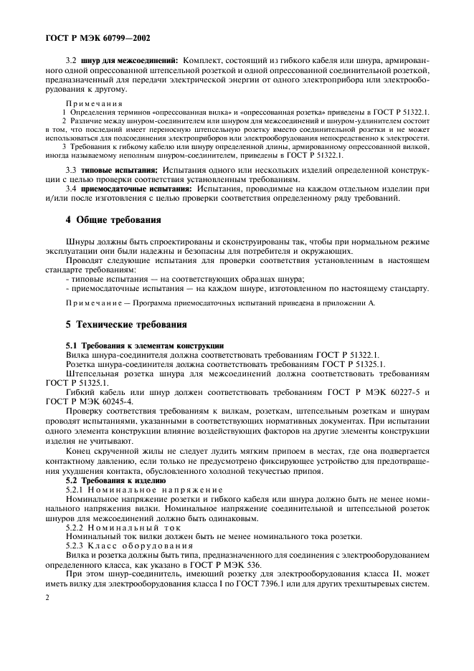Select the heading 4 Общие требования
113,219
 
